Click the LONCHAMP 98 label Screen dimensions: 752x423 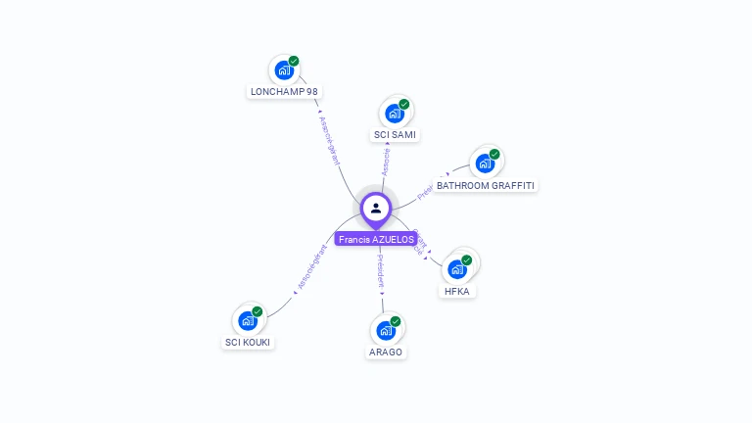coord(284,92)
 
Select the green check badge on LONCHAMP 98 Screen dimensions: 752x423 coord(294,61)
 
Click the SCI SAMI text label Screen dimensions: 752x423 coord(395,134)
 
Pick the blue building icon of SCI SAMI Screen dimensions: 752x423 coord(394,113)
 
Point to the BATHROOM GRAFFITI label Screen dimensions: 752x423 coord(487,185)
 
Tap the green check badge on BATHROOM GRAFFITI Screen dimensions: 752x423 coord(494,155)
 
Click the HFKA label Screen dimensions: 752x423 coord(457,291)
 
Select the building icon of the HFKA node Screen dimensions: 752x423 coord(456,268)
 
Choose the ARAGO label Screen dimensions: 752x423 coord(386,352)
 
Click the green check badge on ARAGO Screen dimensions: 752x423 coord(396,321)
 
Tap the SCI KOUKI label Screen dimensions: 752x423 coord(248,343)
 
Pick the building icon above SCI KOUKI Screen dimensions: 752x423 coord(248,320)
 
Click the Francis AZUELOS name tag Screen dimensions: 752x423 coord(376,239)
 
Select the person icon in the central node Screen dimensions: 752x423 coord(376,208)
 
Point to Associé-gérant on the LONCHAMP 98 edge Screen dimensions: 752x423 coord(330,137)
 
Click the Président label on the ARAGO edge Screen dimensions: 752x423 coord(380,271)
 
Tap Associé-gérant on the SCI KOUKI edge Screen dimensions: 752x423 coord(312,266)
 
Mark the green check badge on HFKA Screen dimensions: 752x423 coord(467,260)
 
